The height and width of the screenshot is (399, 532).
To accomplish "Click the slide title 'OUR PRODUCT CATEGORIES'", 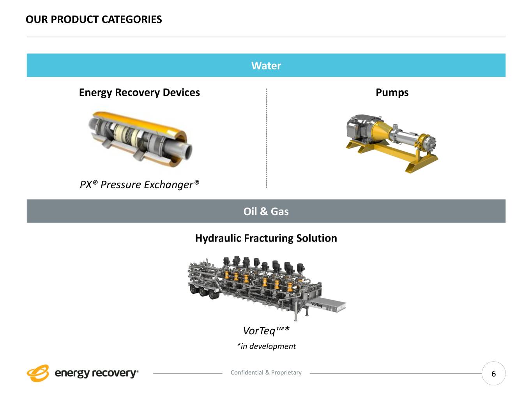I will point(94,19).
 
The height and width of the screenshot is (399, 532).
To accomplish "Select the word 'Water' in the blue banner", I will point(266,65).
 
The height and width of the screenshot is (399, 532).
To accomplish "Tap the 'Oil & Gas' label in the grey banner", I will point(266,211).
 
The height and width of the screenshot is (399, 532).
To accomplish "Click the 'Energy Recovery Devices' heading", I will point(139,92).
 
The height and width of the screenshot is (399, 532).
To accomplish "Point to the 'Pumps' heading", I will point(392,92).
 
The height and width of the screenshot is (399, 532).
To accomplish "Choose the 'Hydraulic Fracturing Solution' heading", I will point(266,238).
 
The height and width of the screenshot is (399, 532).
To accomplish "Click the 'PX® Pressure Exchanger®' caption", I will point(140,184).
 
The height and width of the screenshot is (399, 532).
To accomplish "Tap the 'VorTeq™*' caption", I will point(266,331).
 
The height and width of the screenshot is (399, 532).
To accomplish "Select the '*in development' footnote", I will point(266,346).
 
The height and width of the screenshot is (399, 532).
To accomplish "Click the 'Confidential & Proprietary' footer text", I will point(266,373).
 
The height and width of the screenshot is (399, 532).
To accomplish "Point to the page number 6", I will point(493,374).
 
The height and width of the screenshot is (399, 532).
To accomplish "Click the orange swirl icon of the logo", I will point(38,373).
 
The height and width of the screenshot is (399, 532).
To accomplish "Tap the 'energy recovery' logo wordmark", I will point(96,373).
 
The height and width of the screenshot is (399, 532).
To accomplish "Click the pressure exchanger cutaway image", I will point(140,138).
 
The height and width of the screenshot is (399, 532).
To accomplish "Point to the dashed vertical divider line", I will point(266,138).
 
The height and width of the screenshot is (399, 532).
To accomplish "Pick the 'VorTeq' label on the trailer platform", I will point(316,305).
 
